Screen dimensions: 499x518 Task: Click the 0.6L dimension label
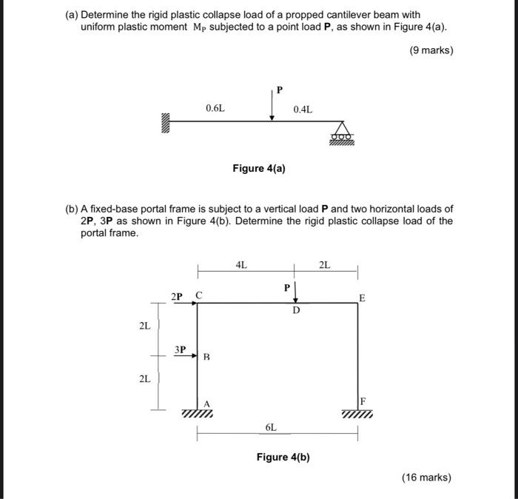tap(215, 109)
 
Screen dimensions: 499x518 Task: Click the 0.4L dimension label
tap(303, 110)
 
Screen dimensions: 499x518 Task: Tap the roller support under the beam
tap(342, 134)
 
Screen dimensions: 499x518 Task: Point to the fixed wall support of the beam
tap(165, 121)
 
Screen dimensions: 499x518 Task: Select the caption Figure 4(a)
tap(259, 168)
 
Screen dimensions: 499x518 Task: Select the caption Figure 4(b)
tap(283, 457)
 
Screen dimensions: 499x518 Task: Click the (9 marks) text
tap(430, 50)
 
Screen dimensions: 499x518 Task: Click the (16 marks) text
tap(426, 478)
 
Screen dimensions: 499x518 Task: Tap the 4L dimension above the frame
tap(241, 264)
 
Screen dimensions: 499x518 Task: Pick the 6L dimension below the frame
tap(271, 427)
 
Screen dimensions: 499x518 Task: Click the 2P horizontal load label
tap(177, 296)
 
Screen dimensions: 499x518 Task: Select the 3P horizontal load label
tap(181, 349)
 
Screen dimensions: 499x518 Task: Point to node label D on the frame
tap(296, 311)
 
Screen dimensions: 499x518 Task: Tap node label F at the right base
tap(363, 401)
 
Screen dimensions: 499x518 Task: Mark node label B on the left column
tap(206, 358)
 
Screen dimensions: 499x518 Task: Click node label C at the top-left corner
tap(198, 296)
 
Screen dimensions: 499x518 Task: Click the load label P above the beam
tap(279, 90)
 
